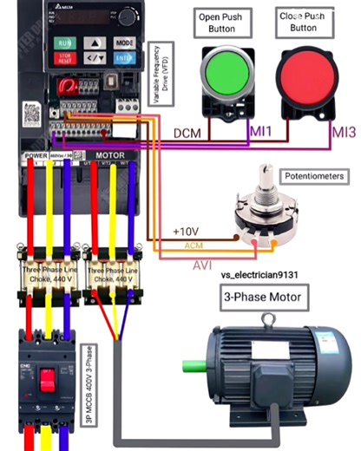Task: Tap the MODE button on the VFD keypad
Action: click(124, 42)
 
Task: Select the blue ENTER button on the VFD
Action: click(124, 58)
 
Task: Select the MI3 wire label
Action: click(343, 133)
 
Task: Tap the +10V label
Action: click(187, 232)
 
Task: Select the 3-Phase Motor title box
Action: click(262, 297)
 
